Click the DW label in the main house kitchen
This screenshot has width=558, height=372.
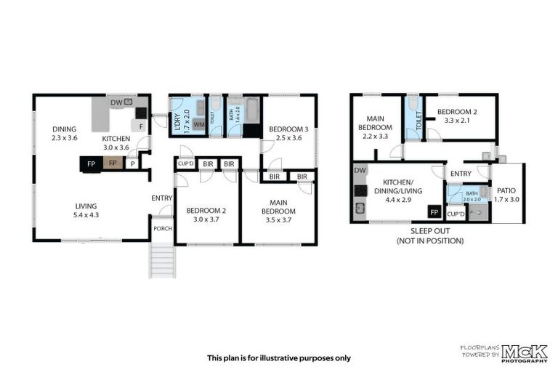pyautogui.click(x=116, y=102)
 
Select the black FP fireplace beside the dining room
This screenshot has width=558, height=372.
pyautogui.click(x=91, y=164)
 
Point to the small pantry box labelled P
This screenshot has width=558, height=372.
pyautogui.click(x=132, y=164)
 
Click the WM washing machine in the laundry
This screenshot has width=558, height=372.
pyautogui.click(x=198, y=125)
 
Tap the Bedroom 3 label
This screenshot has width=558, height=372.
pyautogui.click(x=288, y=134)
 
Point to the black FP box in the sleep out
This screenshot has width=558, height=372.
pyautogui.click(x=434, y=212)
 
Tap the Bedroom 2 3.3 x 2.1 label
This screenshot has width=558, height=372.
pyautogui.click(x=459, y=116)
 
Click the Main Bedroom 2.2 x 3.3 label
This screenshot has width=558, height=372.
pyautogui.click(x=376, y=126)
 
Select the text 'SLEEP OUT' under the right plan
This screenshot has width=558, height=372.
pyautogui.click(x=424, y=231)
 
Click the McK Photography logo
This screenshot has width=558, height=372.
pyautogui.click(x=522, y=353)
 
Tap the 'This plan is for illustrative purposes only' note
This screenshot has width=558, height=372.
pyautogui.click(x=278, y=357)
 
